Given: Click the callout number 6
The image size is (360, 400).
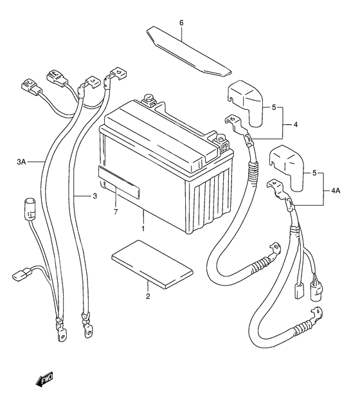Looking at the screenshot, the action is [181, 23].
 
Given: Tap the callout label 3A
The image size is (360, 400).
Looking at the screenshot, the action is [21, 161].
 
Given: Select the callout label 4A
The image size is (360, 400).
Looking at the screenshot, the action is [336, 190].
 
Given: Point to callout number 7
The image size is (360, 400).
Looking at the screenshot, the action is [116, 212].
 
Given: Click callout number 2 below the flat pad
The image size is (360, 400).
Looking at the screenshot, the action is [148, 296].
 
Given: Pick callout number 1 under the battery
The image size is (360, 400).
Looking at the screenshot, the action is [143, 228].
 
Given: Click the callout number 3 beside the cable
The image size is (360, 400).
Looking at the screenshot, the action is [95, 196].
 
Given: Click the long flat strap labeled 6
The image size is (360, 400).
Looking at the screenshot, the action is [188, 51].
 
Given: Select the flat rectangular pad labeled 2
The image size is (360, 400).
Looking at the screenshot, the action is [152, 264].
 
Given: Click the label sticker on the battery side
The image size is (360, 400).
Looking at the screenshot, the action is [119, 181].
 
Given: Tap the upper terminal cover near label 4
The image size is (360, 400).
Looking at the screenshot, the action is [245, 104].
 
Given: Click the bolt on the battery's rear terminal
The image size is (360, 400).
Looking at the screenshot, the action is [148, 98].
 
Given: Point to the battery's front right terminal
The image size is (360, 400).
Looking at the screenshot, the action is [221, 141].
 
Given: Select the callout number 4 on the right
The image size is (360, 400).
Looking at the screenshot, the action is [296, 125].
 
